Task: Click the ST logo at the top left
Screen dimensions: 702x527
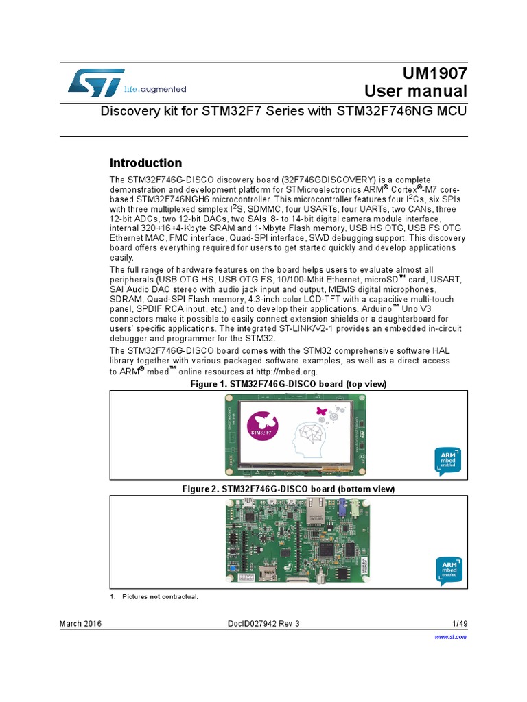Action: click(x=96, y=82)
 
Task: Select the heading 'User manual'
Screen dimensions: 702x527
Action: click(x=415, y=91)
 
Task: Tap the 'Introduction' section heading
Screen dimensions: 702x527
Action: click(x=146, y=163)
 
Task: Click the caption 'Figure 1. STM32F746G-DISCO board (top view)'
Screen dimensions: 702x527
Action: click(x=288, y=385)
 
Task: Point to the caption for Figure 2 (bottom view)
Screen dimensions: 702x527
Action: click(x=288, y=489)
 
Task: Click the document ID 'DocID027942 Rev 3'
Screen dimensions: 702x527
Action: click(x=263, y=623)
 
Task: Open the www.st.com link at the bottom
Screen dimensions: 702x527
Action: click(x=451, y=637)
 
